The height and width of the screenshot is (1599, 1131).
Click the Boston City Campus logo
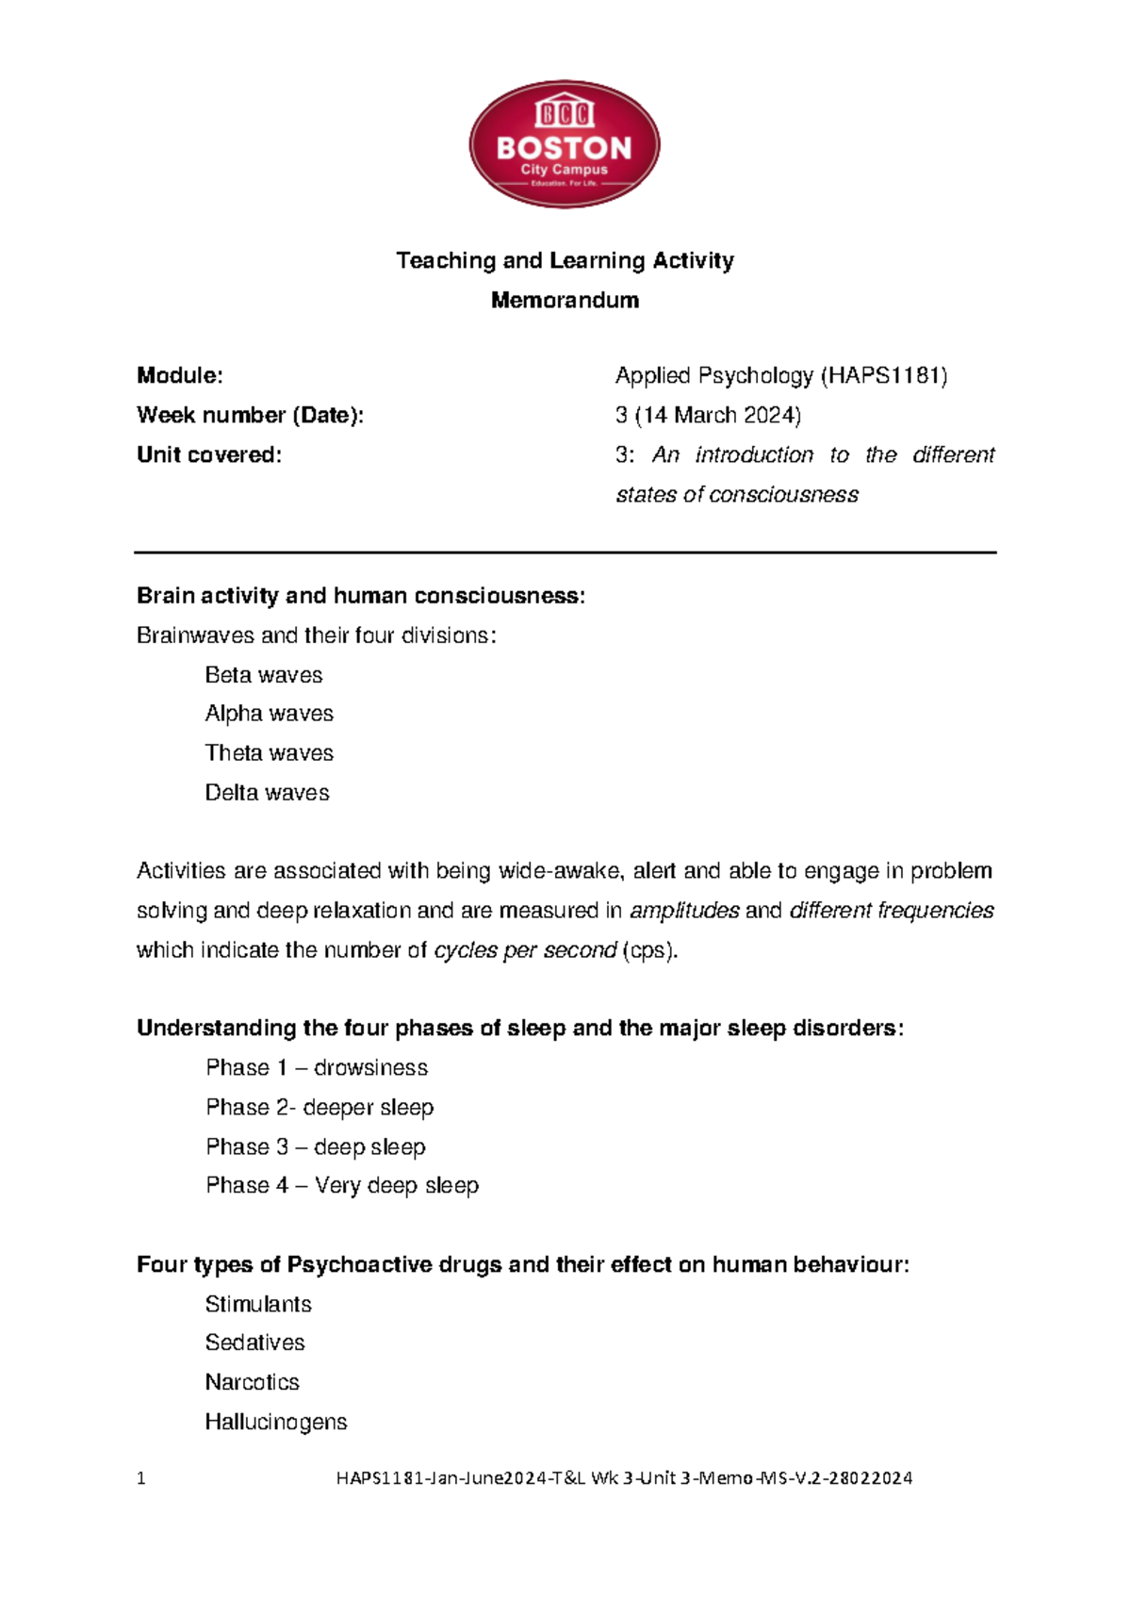tap(565, 144)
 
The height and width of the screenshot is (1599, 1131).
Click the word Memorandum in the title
tap(565, 300)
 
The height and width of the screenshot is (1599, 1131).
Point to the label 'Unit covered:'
tap(209, 455)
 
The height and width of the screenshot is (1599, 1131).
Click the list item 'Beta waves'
tap(264, 675)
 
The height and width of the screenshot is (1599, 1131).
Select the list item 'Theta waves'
tap(270, 753)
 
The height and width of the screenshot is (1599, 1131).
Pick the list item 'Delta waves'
tap(268, 793)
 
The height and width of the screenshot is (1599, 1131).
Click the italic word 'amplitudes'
tap(684, 911)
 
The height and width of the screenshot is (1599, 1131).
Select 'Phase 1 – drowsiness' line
tap(317, 1068)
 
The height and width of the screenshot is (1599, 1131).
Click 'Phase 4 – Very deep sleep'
tap(342, 1186)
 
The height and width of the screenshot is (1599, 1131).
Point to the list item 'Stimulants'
tap(258, 1304)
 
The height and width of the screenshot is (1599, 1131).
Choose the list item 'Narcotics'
tap(253, 1382)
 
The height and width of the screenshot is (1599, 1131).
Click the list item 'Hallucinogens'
tap(276, 1422)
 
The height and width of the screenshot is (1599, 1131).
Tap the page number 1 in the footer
tap(141, 1478)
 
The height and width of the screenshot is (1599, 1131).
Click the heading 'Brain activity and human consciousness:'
tap(361, 596)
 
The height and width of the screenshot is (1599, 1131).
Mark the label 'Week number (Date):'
tap(250, 416)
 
